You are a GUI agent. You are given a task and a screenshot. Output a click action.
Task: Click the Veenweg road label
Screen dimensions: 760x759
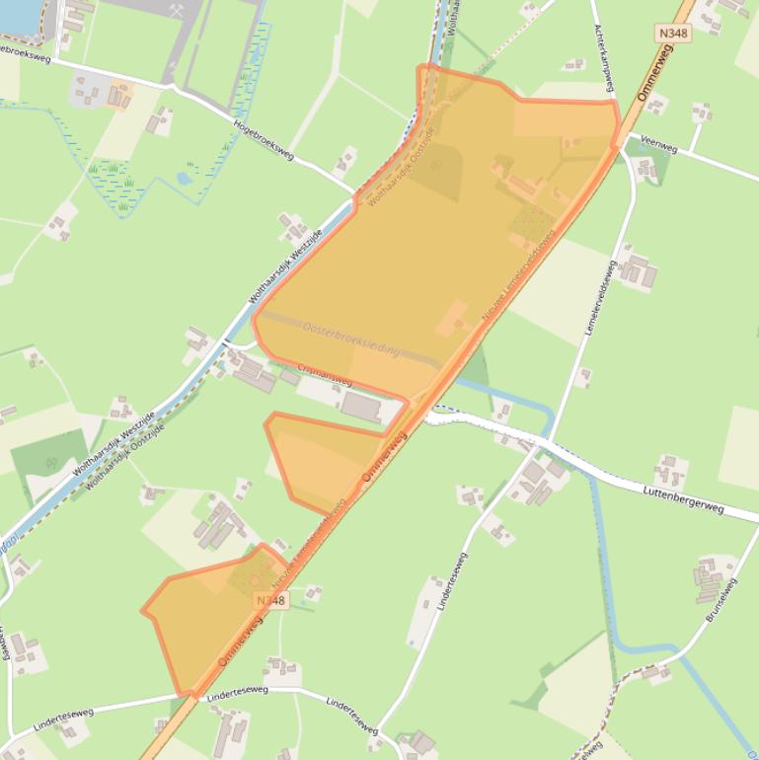(x=658, y=144)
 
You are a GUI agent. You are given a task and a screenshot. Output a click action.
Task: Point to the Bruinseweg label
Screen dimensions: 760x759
(x=722, y=600)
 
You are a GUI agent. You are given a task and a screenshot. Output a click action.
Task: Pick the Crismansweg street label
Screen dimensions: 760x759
(x=324, y=375)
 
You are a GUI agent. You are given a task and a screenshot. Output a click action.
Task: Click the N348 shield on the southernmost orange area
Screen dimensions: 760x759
(x=269, y=600)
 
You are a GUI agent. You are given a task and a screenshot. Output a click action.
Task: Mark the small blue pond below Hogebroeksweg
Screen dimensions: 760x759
(x=184, y=179)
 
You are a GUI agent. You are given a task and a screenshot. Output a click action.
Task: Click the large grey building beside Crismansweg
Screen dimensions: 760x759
(x=360, y=406)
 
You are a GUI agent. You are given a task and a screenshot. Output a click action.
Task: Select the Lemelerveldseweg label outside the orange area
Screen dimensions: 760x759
(x=601, y=297)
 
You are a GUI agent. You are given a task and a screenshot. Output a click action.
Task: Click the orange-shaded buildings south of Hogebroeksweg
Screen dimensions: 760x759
(x=119, y=95)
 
